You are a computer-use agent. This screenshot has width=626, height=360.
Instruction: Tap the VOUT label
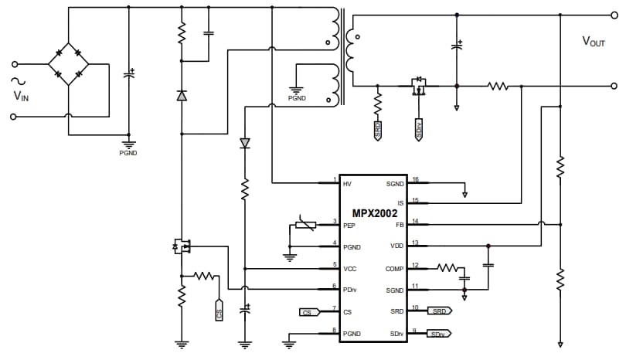pos(594,42)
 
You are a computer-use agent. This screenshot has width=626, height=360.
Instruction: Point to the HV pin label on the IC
pos(347,184)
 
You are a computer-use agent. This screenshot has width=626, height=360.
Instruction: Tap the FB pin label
pos(400,225)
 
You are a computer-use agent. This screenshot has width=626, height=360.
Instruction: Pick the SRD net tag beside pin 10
pos(439,311)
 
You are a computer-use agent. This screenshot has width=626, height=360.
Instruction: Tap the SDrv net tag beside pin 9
pos(438,334)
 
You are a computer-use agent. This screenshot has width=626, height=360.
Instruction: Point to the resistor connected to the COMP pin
pos(447,268)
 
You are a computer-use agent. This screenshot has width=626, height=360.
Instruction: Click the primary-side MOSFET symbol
pos(182,247)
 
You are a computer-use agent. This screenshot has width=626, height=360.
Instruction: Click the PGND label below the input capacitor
pos(128,153)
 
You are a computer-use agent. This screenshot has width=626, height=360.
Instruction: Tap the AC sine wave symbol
pos(14,80)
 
